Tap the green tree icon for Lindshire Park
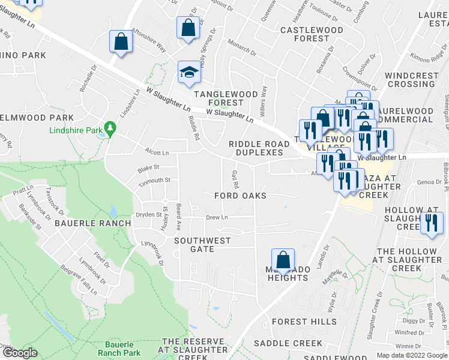(110, 128)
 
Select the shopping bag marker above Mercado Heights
(283, 260)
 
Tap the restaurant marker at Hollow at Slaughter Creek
(430, 224)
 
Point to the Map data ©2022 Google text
(412, 355)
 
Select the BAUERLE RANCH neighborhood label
(92, 223)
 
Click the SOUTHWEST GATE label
(202, 245)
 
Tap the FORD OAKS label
(240, 196)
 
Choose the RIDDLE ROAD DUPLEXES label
(256, 148)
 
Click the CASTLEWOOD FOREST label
(311, 34)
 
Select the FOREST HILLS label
(304, 322)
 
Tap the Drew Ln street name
(217, 217)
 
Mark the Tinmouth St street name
(156, 179)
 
